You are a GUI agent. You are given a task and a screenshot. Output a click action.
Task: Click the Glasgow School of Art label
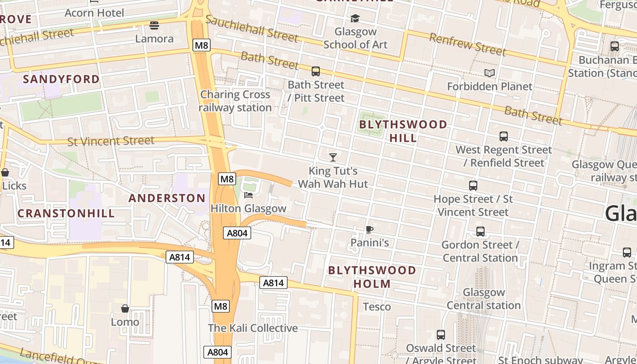tap(355, 38)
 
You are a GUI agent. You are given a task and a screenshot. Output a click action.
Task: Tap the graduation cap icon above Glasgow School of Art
tap(355, 18)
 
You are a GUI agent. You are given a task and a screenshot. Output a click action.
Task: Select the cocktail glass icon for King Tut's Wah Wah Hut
tap(333, 157)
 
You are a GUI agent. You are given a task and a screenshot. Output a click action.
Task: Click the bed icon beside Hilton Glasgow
tap(248, 195)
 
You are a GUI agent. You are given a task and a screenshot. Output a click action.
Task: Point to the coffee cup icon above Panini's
tap(369, 229)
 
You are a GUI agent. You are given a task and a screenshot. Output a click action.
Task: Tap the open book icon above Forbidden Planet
tap(490, 73)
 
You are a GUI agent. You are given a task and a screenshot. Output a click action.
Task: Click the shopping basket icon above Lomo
tap(125, 309)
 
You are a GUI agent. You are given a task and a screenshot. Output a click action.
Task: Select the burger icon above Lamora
tap(154, 25)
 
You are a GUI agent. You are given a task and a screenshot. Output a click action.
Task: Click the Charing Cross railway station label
tap(235, 101)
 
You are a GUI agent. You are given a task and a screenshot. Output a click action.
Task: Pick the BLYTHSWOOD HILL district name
tap(403, 131)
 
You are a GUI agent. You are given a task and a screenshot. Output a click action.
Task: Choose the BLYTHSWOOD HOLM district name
tap(372, 277)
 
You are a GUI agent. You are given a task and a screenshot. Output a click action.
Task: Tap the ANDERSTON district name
tap(167, 198)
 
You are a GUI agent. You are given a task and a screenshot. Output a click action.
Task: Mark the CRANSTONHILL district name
tap(66, 213)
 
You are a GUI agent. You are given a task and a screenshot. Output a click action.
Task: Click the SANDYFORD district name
tap(61, 79)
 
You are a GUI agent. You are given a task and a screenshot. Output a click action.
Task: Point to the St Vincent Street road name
tap(111, 141)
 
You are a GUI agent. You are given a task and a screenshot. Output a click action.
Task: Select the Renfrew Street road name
tap(468, 45)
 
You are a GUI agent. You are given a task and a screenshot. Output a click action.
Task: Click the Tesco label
tap(377, 307)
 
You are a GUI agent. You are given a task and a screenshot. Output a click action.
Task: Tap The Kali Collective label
tap(253, 328)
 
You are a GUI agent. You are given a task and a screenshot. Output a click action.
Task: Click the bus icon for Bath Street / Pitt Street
tap(316, 71)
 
